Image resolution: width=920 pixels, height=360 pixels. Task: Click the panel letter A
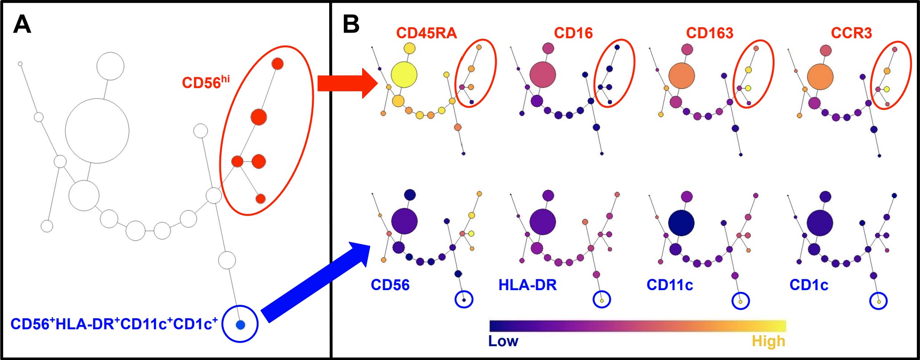coord(22,24)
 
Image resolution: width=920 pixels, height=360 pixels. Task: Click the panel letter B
coord(351,24)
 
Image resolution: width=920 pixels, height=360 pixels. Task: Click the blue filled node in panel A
coord(240,324)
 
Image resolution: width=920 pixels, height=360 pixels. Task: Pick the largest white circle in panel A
coord(97,131)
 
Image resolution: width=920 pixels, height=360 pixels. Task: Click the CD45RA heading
coord(426,33)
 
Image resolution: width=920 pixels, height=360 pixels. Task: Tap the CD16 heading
coord(573,33)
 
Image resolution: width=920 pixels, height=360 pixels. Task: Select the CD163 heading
coord(710,33)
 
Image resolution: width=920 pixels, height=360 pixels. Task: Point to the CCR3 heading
coord(851,33)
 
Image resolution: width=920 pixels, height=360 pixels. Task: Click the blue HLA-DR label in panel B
coord(527,285)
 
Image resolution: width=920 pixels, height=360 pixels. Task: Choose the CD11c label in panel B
coord(670,285)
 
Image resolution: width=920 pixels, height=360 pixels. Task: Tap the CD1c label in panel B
coord(809,285)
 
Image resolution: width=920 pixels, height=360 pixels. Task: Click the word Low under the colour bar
coord(503,341)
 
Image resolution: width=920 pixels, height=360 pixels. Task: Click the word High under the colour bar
coord(768,341)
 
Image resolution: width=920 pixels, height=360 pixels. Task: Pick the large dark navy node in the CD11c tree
coord(681,222)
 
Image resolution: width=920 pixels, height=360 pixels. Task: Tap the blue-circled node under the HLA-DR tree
coord(602,300)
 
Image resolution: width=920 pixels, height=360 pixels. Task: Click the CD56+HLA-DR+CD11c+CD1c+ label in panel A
coord(114,324)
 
